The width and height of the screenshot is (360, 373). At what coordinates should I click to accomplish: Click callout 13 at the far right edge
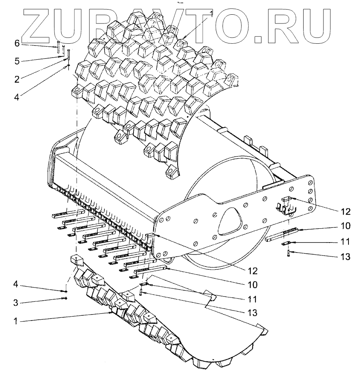345,257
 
